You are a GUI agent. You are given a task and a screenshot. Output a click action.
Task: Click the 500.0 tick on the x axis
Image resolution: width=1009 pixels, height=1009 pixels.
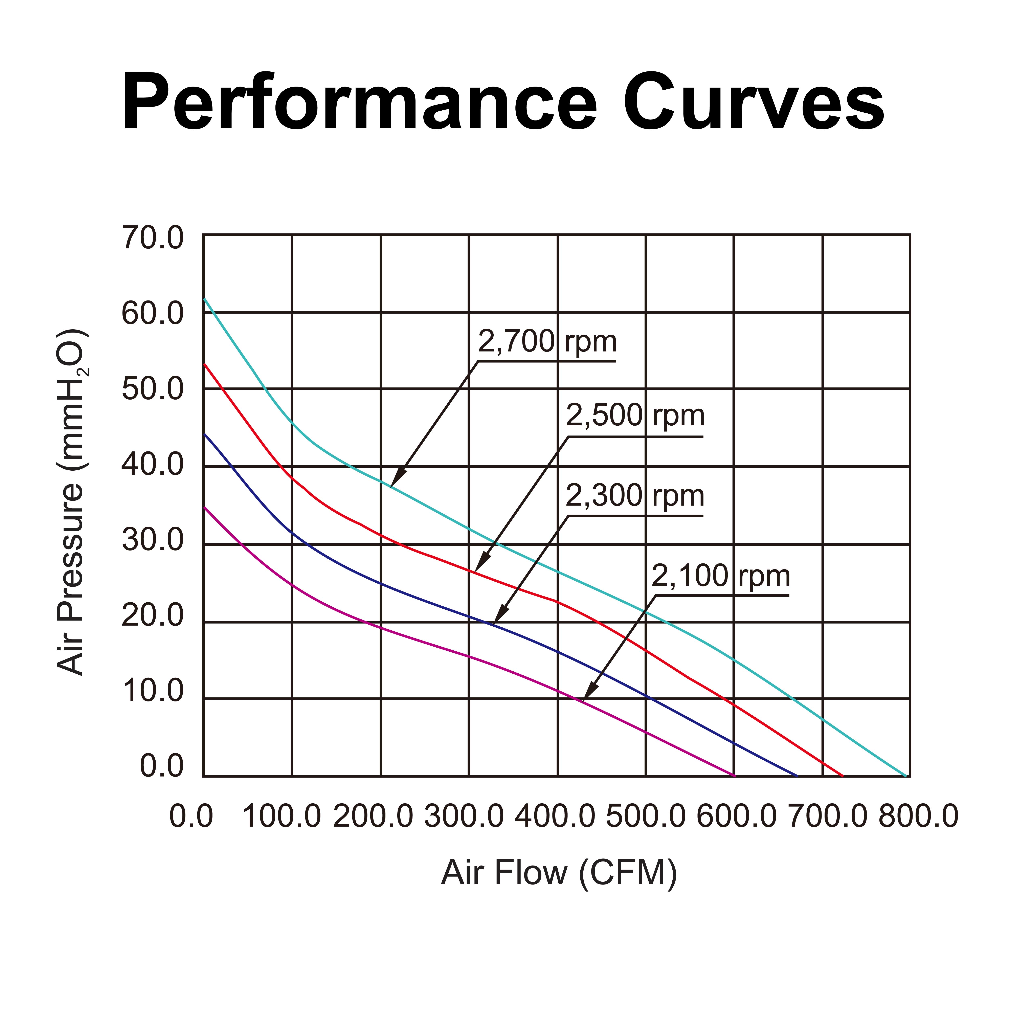646,816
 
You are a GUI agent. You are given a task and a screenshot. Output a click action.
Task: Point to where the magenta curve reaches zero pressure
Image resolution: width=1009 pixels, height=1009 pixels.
734,776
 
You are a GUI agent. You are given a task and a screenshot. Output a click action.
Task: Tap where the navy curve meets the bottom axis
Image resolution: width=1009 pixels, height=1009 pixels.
797,776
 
